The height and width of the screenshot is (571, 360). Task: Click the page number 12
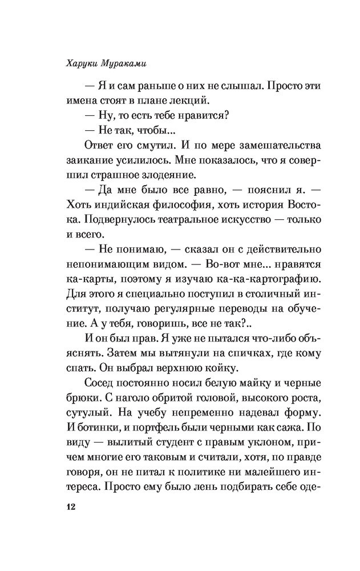(x=71, y=507)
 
